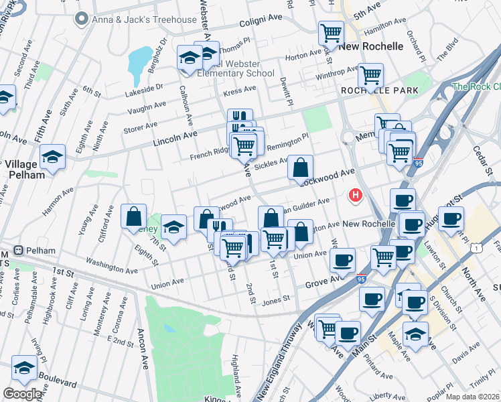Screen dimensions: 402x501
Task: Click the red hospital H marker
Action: point(356,196)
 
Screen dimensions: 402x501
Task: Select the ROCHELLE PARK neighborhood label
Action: point(379,90)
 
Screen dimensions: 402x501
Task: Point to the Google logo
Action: point(22,393)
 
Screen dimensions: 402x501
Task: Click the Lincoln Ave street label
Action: point(177,135)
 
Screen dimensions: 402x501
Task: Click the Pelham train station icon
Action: point(17,251)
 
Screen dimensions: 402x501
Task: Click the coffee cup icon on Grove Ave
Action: point(343,260)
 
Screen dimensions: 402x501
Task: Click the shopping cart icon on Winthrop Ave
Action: point(370,75)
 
